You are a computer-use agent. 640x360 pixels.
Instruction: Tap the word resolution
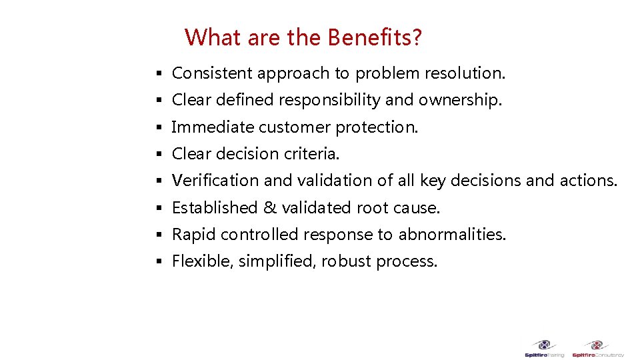click(464, 73)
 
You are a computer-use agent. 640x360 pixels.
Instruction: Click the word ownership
click(460, 100)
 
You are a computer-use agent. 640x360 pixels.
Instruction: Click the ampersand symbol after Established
click(270, 208)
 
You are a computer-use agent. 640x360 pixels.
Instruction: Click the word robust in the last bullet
click(346, 261)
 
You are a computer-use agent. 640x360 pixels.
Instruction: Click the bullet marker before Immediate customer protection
click(159, 127)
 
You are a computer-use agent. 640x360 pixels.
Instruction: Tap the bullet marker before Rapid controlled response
click(159, 235)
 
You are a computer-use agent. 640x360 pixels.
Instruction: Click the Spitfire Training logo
click(544, 349)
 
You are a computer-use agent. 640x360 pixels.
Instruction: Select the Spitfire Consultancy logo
click(597, 349)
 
